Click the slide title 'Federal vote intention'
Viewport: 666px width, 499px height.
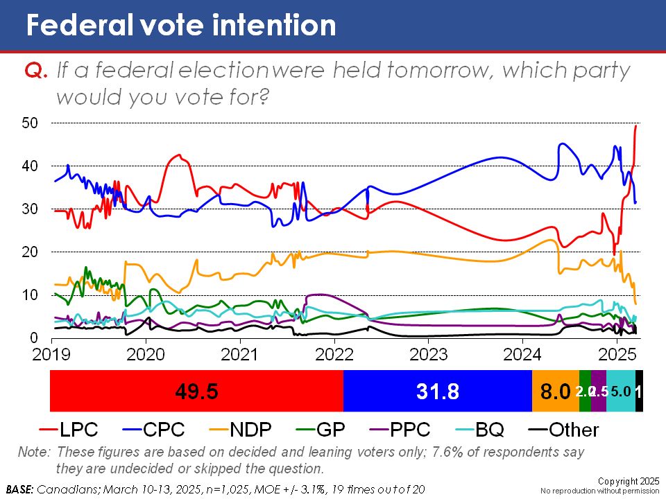click(180, 25)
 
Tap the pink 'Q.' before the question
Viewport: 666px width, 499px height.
click(35, 71)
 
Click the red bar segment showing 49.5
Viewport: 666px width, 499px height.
click(196, 392)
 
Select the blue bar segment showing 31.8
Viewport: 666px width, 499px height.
click(438, 392)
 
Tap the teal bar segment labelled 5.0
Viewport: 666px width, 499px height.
click(620, 392)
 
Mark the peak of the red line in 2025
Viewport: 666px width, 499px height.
click(637, 125)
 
